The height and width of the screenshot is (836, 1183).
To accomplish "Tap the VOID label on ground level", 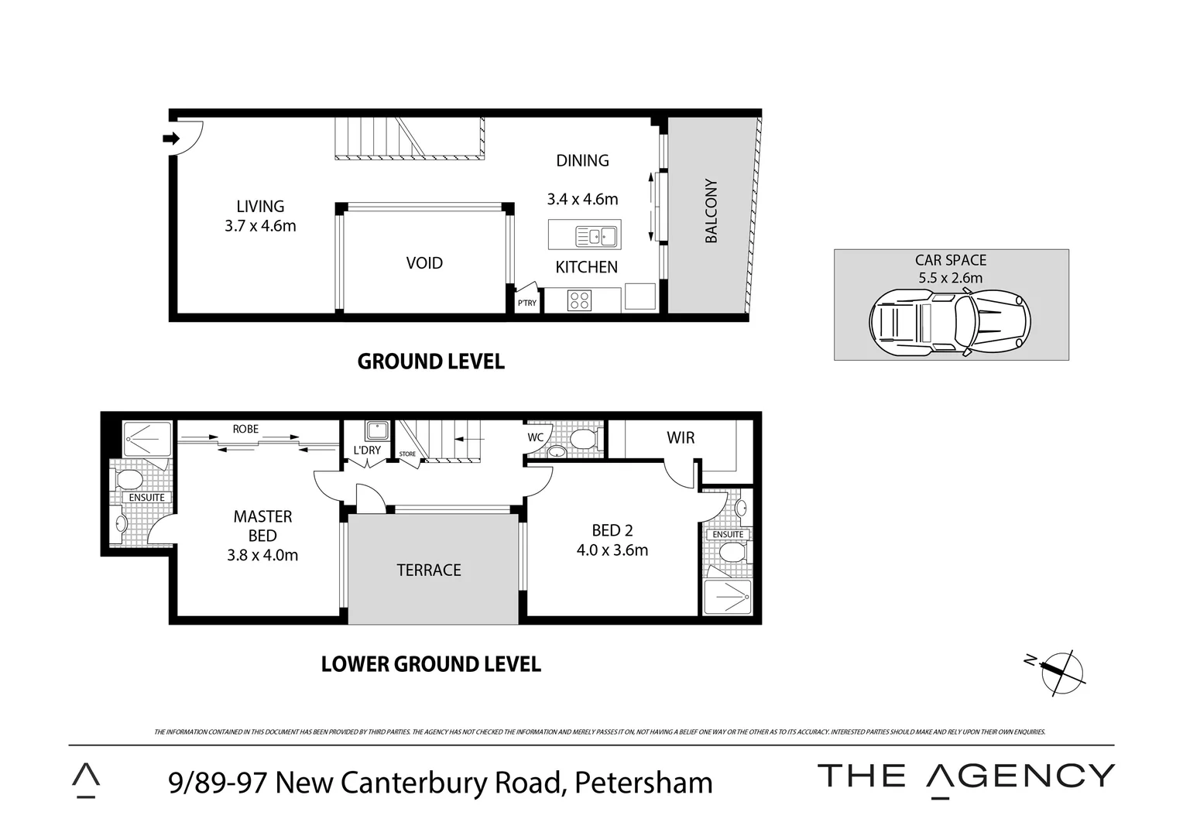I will click(424, 263).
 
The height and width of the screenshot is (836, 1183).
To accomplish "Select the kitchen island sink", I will click(596, 235).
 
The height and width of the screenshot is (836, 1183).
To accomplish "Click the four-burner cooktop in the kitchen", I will click(580, 300).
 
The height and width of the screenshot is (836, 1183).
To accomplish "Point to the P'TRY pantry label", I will click(526, 303).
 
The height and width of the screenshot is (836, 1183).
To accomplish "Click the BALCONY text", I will click(712, 211).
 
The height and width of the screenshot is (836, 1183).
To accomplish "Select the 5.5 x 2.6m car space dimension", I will click(950, 278).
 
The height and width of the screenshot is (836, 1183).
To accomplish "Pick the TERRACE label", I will click(429, 570).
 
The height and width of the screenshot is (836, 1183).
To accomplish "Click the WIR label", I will click(681, 438).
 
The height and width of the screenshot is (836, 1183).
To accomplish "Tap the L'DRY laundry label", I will click(367, 450).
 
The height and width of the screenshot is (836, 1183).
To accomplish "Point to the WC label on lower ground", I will click(536, 437).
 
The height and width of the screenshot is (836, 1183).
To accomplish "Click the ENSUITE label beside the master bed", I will click(146, 497).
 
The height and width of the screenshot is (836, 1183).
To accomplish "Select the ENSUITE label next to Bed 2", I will click(728, 534).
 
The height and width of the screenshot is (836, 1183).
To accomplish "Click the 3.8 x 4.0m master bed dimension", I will click(262, 555).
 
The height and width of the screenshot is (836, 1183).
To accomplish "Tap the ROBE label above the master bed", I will click(245, 429).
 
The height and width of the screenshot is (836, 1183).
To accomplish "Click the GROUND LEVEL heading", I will click(430, 361).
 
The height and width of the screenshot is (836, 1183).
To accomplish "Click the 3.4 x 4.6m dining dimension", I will click(582, 200).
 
